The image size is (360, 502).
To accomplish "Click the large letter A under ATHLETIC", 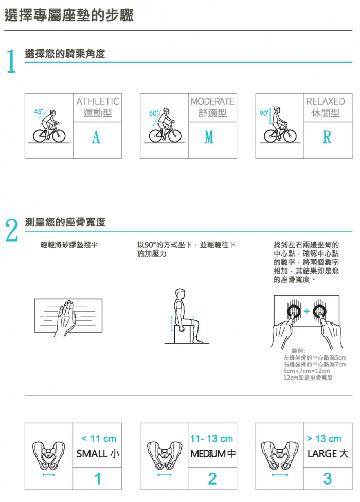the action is point(96,137).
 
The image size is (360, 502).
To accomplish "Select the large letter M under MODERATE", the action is point(209,137).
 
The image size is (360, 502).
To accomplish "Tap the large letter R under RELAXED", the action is point(327,137).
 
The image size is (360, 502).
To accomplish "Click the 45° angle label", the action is point(39,112).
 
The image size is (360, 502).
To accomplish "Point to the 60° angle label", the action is point(153,113).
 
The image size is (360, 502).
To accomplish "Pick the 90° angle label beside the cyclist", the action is point(264,113).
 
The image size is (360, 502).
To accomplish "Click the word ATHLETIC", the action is point(98,101).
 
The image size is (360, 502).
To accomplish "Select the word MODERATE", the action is point(212,101).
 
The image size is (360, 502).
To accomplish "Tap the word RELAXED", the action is point(326,101).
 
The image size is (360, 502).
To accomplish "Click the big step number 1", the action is point(11,61).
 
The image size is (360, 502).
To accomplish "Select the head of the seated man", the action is point(180,293).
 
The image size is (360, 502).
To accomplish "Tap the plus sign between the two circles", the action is point(307,311).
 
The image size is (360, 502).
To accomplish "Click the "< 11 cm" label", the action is point(99,439).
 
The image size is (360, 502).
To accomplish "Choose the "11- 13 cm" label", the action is point(211,439).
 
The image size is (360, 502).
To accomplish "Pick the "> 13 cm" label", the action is point(324,439).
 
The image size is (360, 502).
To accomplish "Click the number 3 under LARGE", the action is point(328,479).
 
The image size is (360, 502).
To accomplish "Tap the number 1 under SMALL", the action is point(98,479).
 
